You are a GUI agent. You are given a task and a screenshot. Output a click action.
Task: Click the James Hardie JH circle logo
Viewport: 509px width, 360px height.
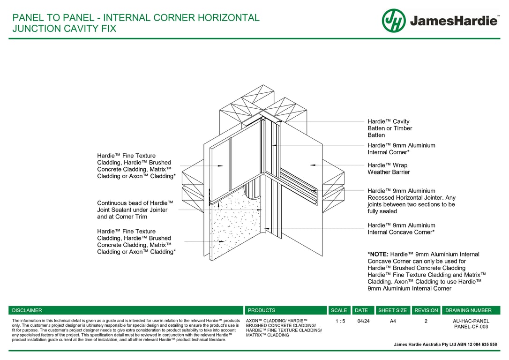pyautogui.click(x=394, y=21)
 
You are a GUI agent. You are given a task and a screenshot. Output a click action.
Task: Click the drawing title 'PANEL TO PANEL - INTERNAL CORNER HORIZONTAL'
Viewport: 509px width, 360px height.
pyautogui.click(x=135, y=18)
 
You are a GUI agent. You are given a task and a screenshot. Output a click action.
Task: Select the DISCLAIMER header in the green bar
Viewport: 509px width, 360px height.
pyautogui.click(x=27, y=310)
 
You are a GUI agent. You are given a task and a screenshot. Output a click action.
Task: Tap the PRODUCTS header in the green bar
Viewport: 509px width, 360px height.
pyautogui.click(x=261, y=310)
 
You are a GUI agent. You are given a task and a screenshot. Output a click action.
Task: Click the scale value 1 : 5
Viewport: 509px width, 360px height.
pyautogui.click(x=340, y=321)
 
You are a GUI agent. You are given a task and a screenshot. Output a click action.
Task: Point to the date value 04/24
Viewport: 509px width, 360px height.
pyautogui.click(x=363, y=321)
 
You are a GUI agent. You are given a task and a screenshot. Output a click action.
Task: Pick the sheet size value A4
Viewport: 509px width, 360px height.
pyautogui.click(x=392, y=321)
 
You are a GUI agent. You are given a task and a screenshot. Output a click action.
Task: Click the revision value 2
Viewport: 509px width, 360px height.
pyautogui.click(x=426, y=321)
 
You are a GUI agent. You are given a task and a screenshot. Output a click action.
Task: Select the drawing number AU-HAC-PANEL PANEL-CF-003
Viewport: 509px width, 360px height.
pyautogui.click(x=471, y=324)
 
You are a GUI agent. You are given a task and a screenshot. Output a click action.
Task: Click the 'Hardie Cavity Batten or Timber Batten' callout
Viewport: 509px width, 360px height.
pyautogui.click(x=389, y=128)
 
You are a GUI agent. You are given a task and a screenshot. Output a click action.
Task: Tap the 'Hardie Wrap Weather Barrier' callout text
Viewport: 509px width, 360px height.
pyautogui.click(x=388, y=169)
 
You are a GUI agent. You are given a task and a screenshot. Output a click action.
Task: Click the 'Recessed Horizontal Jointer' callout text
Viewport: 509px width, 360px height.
pyautogui.click(x=411, y=201)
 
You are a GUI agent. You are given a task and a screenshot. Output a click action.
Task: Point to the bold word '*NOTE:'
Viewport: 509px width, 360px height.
pyautogui.click(x=378, y=255)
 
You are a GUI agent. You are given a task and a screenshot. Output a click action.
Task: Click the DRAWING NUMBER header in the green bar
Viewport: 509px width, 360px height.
pyautogui.click(x=468, y=310)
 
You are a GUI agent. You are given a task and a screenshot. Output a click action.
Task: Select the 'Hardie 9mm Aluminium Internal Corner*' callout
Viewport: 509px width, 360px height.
pyautogui.click(x=401, y=149)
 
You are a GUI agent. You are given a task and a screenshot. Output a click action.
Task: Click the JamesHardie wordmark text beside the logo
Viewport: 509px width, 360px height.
pyautogui.click(x=454, y=21)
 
